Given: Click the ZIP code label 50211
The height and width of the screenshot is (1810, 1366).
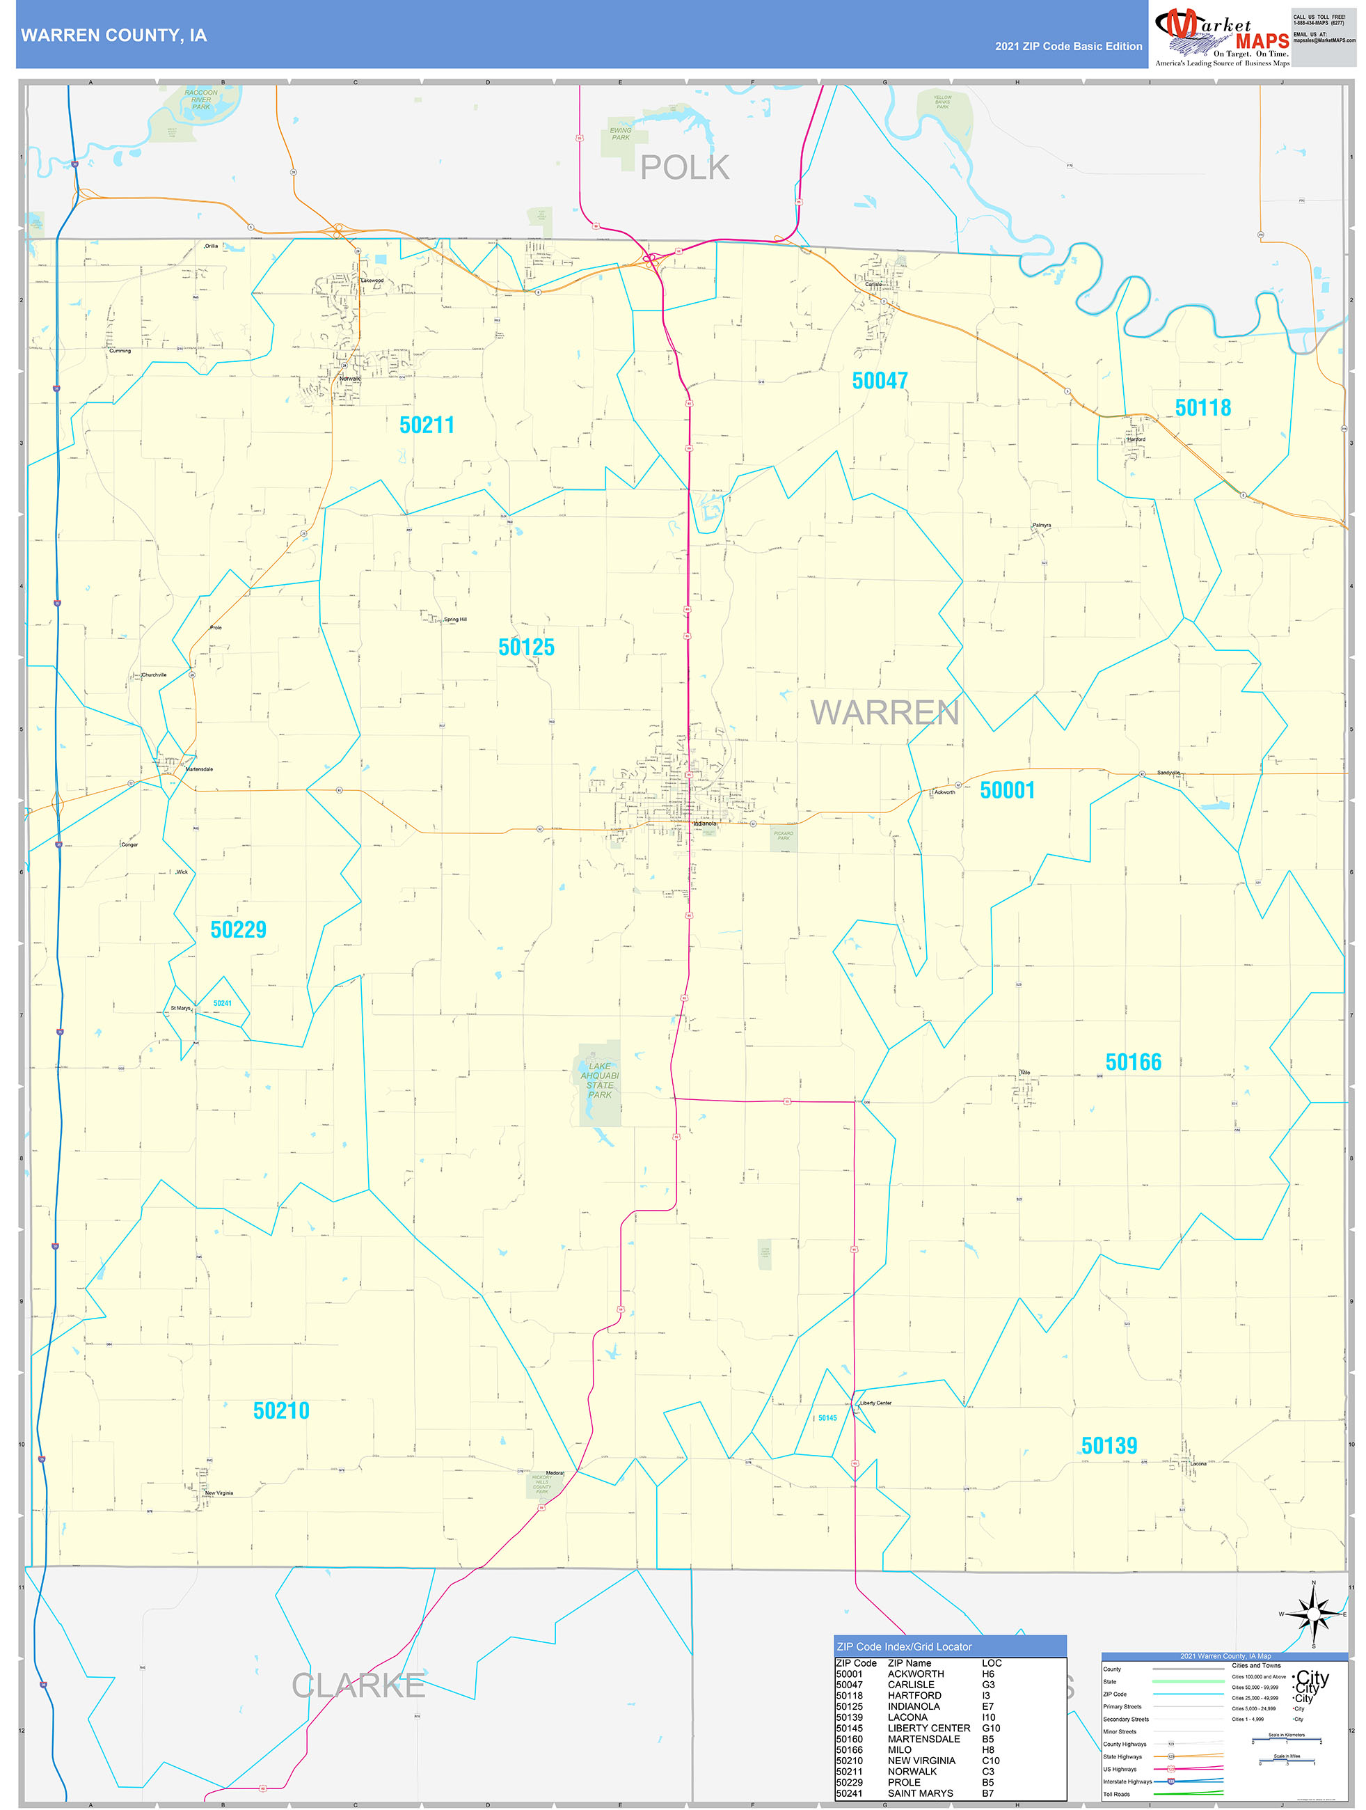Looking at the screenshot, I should [x=426, y=425].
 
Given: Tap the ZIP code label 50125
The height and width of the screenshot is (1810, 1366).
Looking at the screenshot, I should [x=526, y=647].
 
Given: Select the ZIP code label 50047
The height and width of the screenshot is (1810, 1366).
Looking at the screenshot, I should [x=880, y=381].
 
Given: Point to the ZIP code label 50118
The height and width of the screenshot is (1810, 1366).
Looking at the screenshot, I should [x=1202, y=407].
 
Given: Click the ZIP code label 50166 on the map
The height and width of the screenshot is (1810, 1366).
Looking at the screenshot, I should [x=1133, y=1062].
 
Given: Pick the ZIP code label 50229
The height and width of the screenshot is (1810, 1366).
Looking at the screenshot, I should [x=238, y=929].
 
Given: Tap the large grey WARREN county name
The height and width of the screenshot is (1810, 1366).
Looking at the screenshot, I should [x=884, y=713].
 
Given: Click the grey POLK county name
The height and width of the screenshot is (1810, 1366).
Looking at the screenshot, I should [x=685, y=168].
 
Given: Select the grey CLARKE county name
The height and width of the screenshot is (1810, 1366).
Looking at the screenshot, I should [x=358, y=1685].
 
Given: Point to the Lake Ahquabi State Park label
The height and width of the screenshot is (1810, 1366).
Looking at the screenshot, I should [x=600, y=1080].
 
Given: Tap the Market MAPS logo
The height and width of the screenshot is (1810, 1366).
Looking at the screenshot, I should [x=1221, y=34].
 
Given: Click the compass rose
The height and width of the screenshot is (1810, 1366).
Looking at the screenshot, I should [x=1313, y=1614].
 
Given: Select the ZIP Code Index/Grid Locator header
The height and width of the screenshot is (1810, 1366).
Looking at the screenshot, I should [x=904, y=1646].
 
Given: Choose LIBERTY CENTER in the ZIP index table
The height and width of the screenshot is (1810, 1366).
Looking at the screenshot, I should [x=928, y=1728].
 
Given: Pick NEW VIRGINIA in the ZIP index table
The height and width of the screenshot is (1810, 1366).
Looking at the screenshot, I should [x=921, y=1760].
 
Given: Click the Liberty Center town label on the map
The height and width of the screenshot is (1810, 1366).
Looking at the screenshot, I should [x=875, y=1403].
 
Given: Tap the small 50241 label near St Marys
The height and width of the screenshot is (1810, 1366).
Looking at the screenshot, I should [x=223, y=1003].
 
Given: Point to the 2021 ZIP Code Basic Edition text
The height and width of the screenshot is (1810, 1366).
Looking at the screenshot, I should [x=1068, y=47].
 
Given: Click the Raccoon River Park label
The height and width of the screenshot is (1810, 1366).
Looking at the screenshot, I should [x=201, y=100].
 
